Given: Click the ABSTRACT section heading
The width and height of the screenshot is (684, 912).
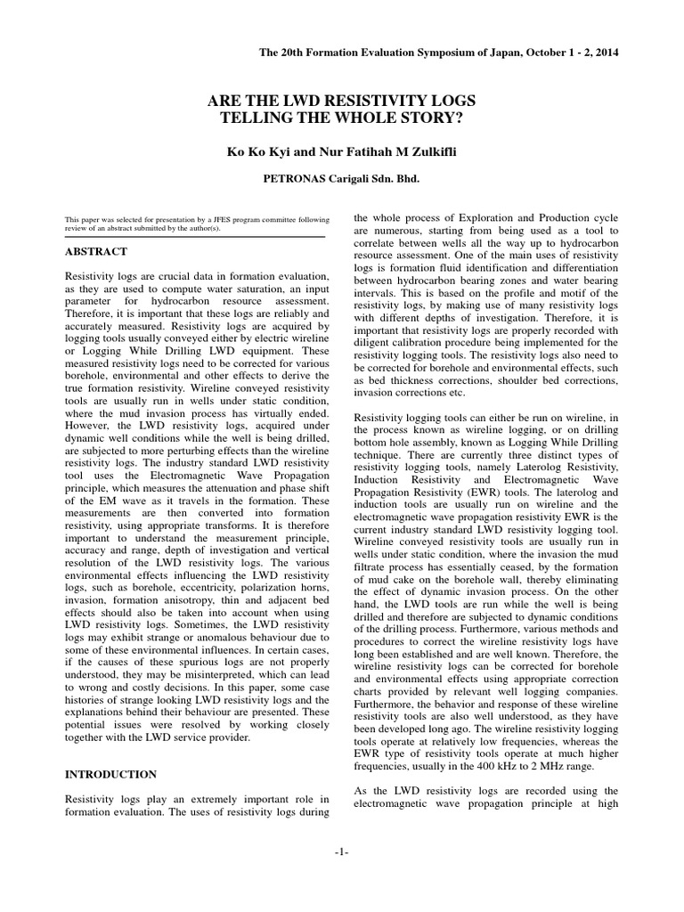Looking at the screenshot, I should click(x=96, y=252).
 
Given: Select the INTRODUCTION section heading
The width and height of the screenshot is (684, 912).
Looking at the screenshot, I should click(x=111, y=774).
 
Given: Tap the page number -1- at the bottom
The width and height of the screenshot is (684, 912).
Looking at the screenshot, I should click(x=342, y=852).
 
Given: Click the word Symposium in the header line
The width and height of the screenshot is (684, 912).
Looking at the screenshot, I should click(x=418, y=53).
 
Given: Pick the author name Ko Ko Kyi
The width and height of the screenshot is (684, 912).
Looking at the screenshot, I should click(x=256, y=152).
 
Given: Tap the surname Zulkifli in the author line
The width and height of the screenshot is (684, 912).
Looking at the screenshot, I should click(x=429, y=152).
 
